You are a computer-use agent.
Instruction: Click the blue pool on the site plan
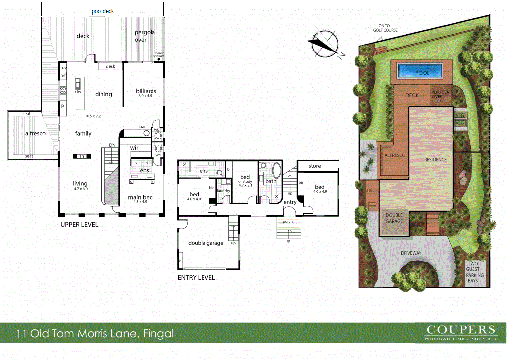[422, 72]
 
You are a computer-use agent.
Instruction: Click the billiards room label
[146, 91]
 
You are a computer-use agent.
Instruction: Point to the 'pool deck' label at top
[102, 10]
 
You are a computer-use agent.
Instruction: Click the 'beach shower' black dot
[159, 59]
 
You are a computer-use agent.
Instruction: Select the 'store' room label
[314, 166]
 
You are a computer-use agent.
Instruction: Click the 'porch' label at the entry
[288, 221]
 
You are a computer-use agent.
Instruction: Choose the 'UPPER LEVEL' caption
[79, 224]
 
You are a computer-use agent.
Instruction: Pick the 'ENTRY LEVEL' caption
[196, 278]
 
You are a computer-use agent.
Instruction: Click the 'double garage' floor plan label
[205, 243]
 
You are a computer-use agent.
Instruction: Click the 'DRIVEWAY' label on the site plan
[411, 253]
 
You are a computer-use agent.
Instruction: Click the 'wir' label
[134, 148]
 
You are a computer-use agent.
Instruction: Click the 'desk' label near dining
[110, 66]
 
